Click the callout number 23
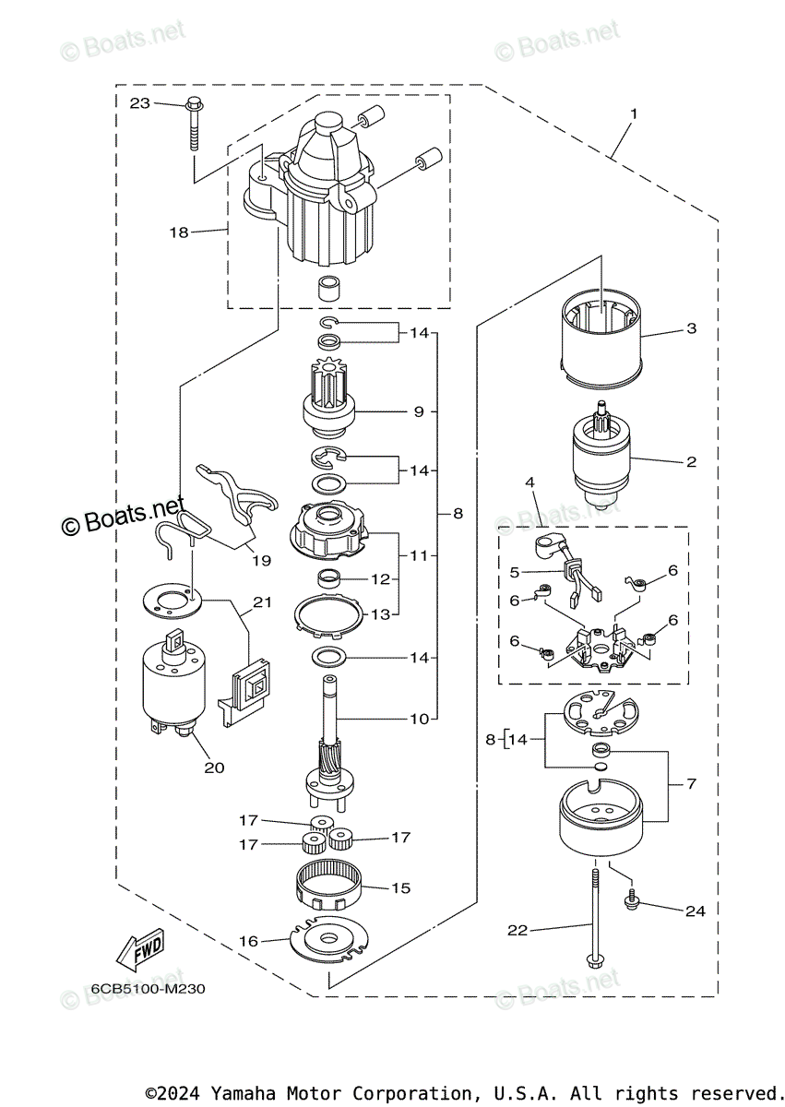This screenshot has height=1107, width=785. coord(140,103)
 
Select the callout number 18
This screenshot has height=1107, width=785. coord(179,232)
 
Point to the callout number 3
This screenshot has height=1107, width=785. coord(692,328)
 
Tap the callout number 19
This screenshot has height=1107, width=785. coord(261,561)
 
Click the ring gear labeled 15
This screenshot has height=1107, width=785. coord(329,888)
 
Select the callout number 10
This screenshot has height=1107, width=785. coord(420,719)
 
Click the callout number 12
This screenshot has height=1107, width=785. coord(380,578)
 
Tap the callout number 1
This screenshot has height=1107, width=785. coord(634,114)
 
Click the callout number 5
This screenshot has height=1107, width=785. coord(515,572)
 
